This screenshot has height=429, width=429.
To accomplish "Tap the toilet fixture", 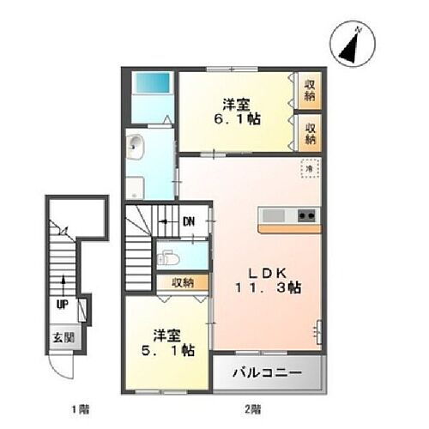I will pyautogui.click(x=170, y=255).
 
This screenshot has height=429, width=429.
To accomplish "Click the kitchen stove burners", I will pyautogui.click(x=305, y=215).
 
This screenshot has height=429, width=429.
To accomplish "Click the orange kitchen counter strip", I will pyautogui.click(x=289, y=228).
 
